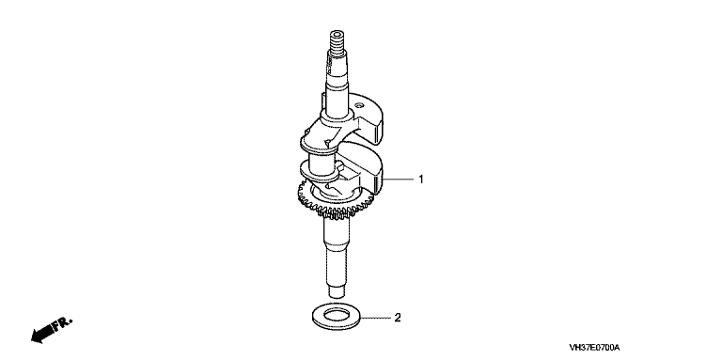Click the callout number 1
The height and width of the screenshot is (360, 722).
coord(420,180)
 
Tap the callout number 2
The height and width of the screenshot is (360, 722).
coord(398,318)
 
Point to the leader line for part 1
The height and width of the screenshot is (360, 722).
coord(399,179)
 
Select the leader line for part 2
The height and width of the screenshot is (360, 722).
coord(376,318)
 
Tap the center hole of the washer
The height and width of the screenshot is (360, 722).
coord(337,316)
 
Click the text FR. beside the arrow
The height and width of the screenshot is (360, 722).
coord(63,324)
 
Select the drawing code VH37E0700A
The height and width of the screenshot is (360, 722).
coord(594,348)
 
